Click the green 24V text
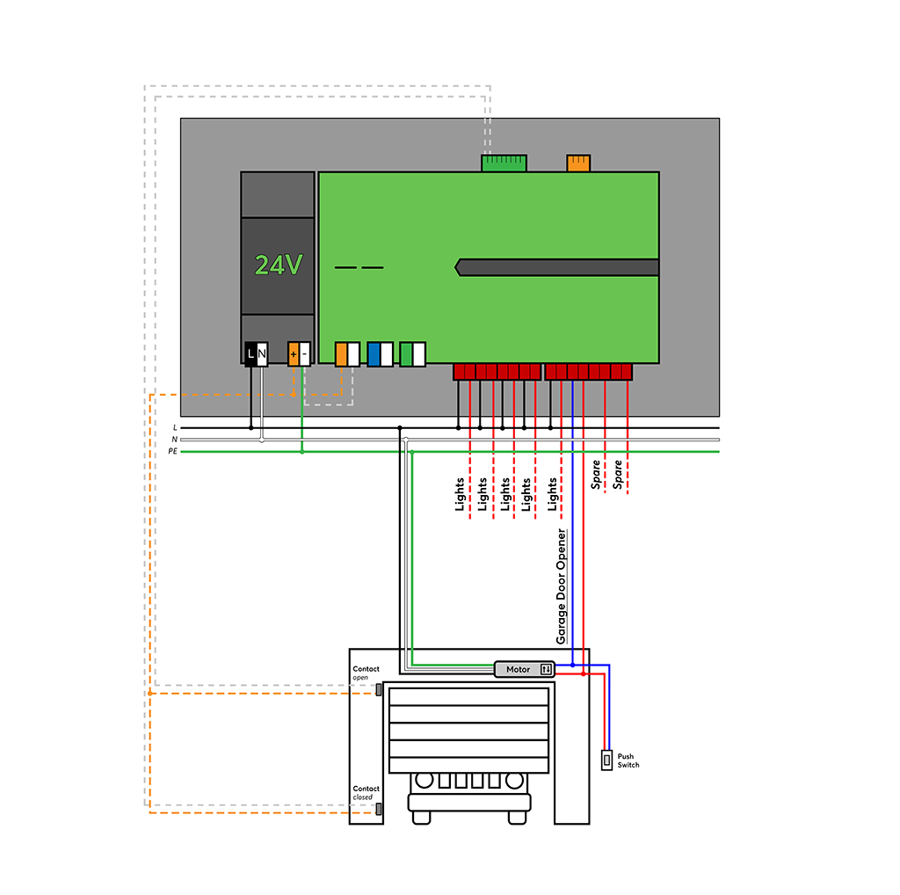click(279, 265)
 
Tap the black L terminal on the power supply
click(250, 353)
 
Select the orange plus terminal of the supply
click(293, 354)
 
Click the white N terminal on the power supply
click(262, 353)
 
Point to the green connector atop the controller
click(504, 163)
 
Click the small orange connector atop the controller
click(578, 163)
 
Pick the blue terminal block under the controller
click(374, 353)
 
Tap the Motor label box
click(518, 669)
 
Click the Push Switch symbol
click(606, 760)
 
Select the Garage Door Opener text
click(562, 587)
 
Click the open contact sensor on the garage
click(379, 689)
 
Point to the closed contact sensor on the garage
click(379, 809)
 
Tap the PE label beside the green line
click(172, 450)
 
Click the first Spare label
click(596, 475)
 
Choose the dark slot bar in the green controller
click(558, 267)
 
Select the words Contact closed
click(366, 793)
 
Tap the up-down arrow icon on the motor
click(546, 669)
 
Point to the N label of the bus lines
click(174, 439)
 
